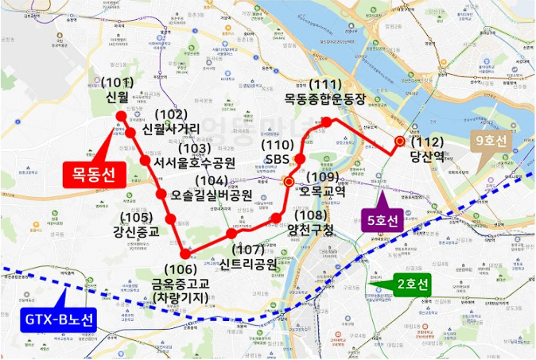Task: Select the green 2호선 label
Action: pos(411,284)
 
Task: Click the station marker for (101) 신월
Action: pos(121,116)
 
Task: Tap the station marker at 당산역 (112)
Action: pos(400,141)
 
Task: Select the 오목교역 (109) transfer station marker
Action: pos(289,182)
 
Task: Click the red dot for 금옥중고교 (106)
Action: pos(185,254)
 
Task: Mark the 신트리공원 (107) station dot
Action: pos(231,233)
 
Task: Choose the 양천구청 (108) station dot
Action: pos(276,217)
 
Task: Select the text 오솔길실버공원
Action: pos(211,195)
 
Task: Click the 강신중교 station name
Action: pos(137,232)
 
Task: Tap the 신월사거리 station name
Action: pos(177,129)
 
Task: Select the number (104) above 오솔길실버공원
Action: pos(196,180)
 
